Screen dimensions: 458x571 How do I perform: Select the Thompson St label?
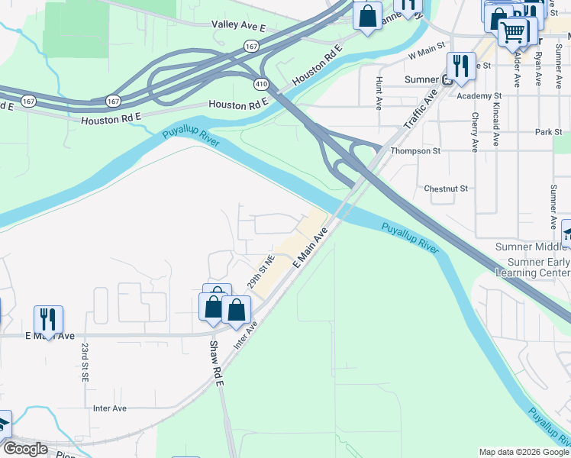pos(416,151)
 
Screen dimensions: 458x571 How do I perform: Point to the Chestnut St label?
pos(445,188)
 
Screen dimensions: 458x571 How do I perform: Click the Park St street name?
pos(548,132)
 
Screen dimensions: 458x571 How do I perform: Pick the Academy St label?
pos(478,95)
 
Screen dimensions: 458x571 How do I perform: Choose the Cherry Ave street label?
pos(475,131)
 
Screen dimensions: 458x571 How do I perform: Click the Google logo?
pos(25,450)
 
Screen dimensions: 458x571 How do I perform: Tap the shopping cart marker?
pos(514,32)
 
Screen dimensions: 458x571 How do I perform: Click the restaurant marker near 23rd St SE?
pos(48,319)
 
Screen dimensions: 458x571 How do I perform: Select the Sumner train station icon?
pos(447,80)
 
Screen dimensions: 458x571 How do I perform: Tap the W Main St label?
pos(426,54)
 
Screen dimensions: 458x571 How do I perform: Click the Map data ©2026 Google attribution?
pos(523,452)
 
